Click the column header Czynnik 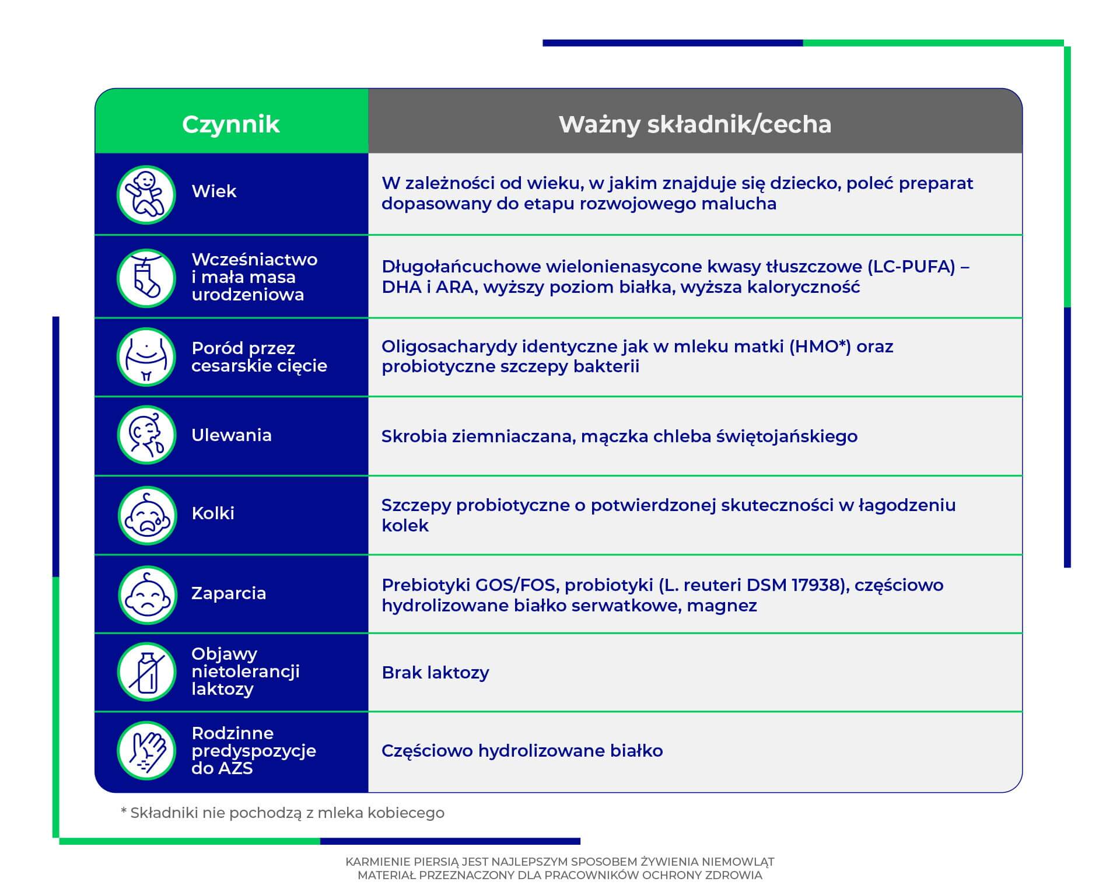coord(231,124)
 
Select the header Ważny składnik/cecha coord(695,124)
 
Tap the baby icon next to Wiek coord(146,194)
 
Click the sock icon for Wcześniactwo coord(146,278)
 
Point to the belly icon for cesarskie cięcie coord(146,356)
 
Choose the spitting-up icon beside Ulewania coord(146,435)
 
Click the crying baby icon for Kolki coord(146,515)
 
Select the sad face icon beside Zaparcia coord(146,594)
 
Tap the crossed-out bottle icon coord(146,671)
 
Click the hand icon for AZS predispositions coord(146,750)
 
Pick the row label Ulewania coord(232,435)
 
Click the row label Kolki coord(213,513)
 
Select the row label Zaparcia coord(229,593)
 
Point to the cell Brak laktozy coord(435,673)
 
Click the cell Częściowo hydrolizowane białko coord(522,751)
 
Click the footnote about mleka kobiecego coord(282,813)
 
